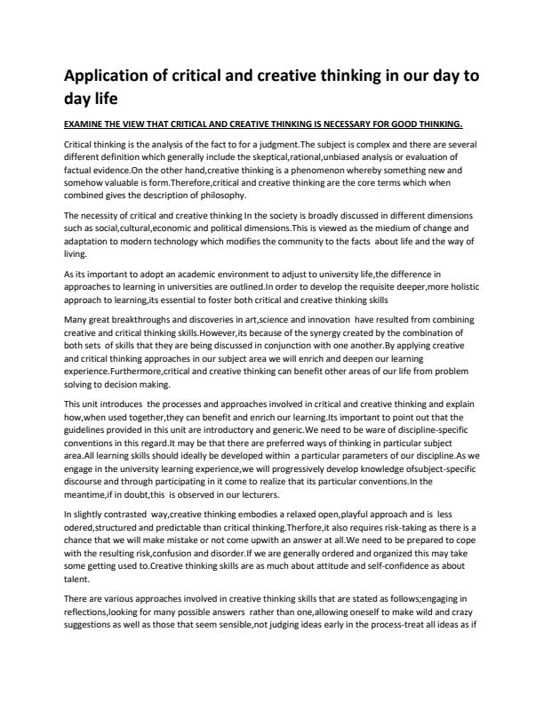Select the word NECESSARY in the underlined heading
356,124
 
